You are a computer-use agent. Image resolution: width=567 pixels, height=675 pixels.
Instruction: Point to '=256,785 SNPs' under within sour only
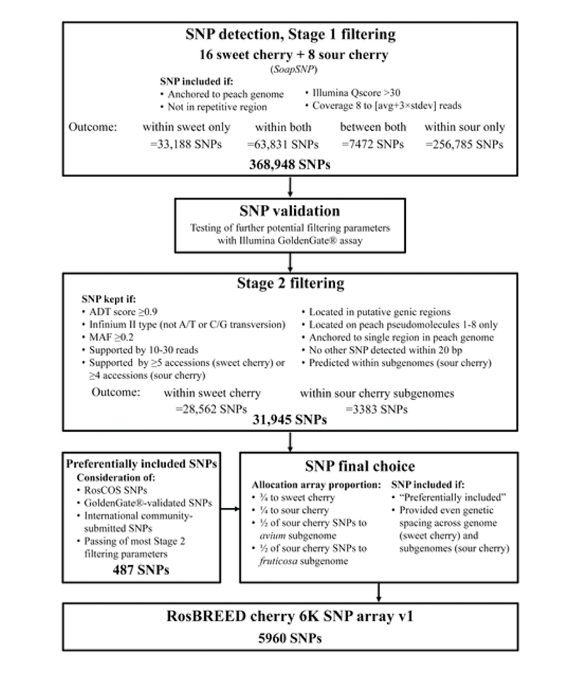pyautogui.click(x=464, y=144)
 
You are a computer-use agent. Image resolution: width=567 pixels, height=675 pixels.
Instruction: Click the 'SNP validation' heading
pyautogui.click(x=289, y=210)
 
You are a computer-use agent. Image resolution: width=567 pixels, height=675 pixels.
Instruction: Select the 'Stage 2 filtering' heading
pyautogui.click(x=289, y=284)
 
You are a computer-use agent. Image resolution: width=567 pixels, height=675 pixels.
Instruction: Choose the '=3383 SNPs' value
pyautogui.click(x=377, y=408)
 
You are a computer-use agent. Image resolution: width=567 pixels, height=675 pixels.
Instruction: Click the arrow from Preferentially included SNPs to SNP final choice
pyautogui.click(x=230, y=509)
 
